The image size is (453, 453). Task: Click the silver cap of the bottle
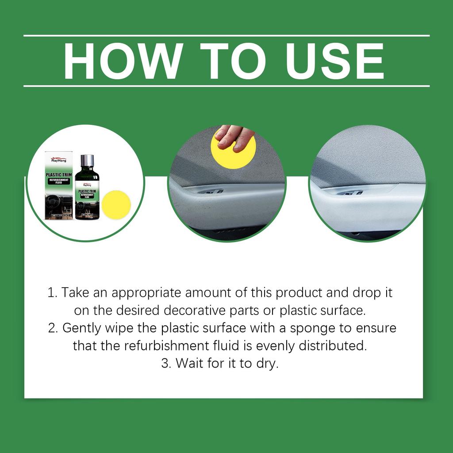(x=87, y=161)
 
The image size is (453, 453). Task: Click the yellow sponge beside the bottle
(x=116, y=205)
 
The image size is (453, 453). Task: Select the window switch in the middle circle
(x=211, y=192)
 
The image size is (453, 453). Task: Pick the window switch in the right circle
(x=351, y=192)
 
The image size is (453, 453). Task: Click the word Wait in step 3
(x=188, y=363)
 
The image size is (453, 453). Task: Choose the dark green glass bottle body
(x=87, y=195)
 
